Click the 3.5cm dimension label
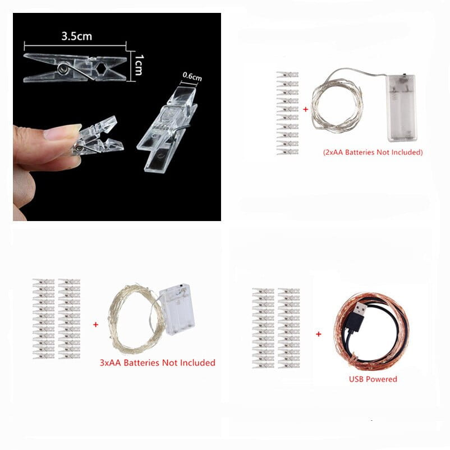click(x=77, y=36)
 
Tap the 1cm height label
click(x=139, y=65)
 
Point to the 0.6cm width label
click(x=192, y=76)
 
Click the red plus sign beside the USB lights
click(x=319, y=334)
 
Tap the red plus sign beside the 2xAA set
click(x=306, y=109)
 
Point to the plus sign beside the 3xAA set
click(x=95, y=324)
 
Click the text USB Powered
click(x=373, y=379)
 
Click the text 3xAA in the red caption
click(x=110, y=363)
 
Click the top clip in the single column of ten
click(x=287, y=75)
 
